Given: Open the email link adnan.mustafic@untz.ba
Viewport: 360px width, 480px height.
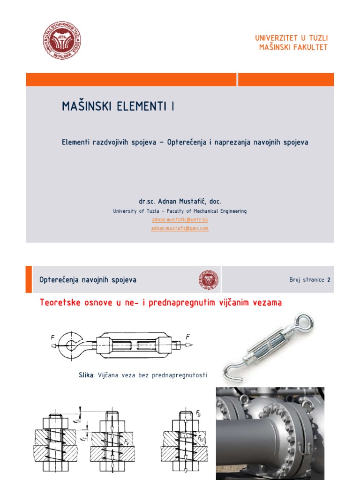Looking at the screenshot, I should (180, 219).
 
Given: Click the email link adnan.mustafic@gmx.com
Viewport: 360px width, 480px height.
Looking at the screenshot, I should (180, 228).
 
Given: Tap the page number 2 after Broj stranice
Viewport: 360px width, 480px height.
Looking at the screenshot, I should (329, 280).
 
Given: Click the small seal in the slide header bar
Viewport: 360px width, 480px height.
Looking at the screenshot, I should (209, 280).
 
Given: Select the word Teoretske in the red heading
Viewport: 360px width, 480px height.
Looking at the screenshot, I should (60, 303).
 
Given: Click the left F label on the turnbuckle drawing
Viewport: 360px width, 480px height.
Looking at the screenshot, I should (52, 337).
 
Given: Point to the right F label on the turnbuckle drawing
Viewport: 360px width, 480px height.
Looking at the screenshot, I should (187, 337).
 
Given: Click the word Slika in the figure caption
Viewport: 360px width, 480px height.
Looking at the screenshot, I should (87, 375).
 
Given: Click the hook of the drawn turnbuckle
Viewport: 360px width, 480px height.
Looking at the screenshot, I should (71, 345).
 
